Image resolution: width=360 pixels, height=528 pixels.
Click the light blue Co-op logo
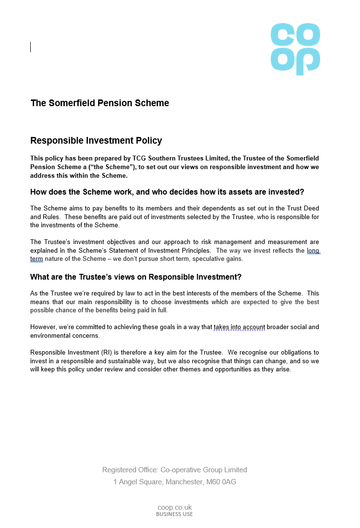pos(295,49)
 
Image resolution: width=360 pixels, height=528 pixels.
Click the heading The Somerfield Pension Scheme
pos(100,103)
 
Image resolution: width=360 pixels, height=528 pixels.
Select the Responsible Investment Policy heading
pos(96,141)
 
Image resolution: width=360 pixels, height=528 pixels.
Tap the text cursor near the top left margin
pos(31,47)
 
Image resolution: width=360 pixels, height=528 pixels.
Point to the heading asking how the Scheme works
pos(167,192)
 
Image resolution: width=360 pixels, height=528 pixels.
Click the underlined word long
pos(313,250)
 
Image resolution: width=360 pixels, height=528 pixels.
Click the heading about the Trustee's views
pos(136,277)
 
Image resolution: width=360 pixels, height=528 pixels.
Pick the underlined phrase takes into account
pos(240,327)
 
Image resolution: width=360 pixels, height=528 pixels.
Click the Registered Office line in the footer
pos(175,470)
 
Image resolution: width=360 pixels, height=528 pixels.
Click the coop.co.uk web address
pos(175,507)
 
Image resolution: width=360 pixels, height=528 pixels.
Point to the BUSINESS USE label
pos(175,514)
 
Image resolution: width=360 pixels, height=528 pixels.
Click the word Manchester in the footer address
pos(182,482)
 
